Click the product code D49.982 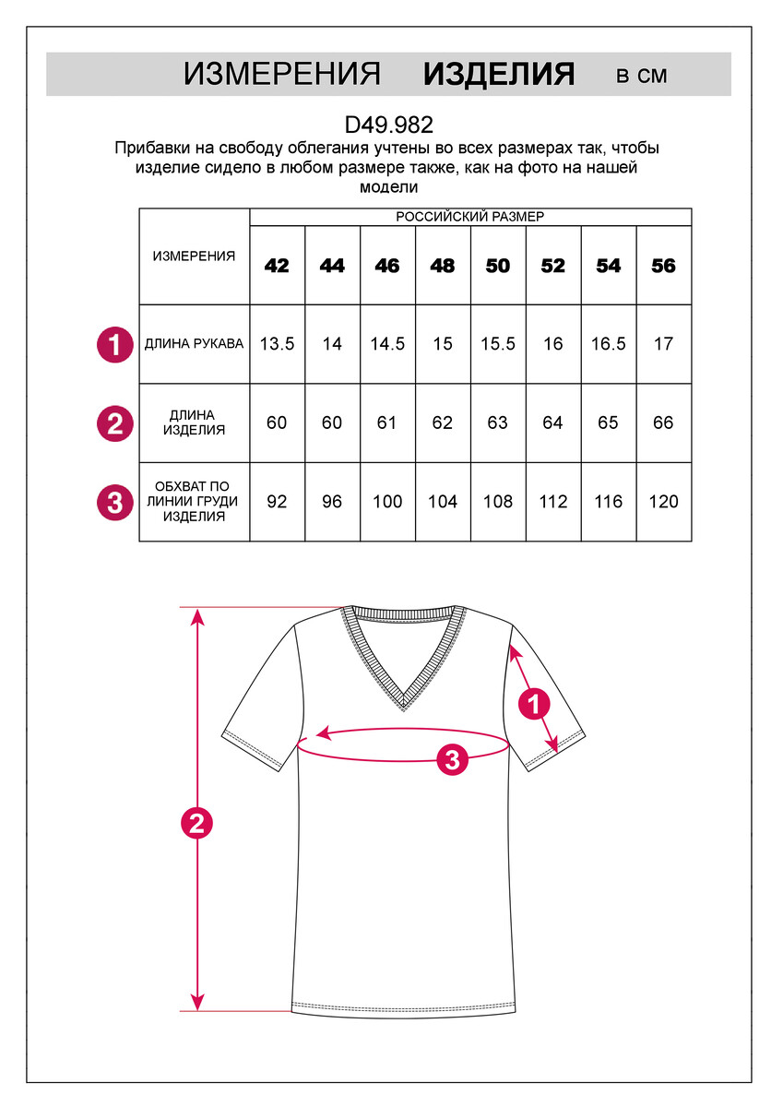click(388, 125)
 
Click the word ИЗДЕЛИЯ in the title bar click(499, 75)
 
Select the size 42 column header click(277, 267)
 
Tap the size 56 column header click(664, 267)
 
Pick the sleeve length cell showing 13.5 click(277, 344)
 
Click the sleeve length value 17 click(664, 344)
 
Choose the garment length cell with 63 click(498, 423)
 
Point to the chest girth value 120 click(664, 502)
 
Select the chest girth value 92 click(277, 502)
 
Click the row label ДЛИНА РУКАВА click(195, 344)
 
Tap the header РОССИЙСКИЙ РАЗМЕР click(470, 217)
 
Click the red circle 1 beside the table click(114, 346)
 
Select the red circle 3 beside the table click(114, 504)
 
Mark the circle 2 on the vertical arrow click(196, 823)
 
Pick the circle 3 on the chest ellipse click(452, 760)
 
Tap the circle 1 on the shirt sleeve click(533, 705)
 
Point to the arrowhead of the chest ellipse click(322, 734)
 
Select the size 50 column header click(498, 267)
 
